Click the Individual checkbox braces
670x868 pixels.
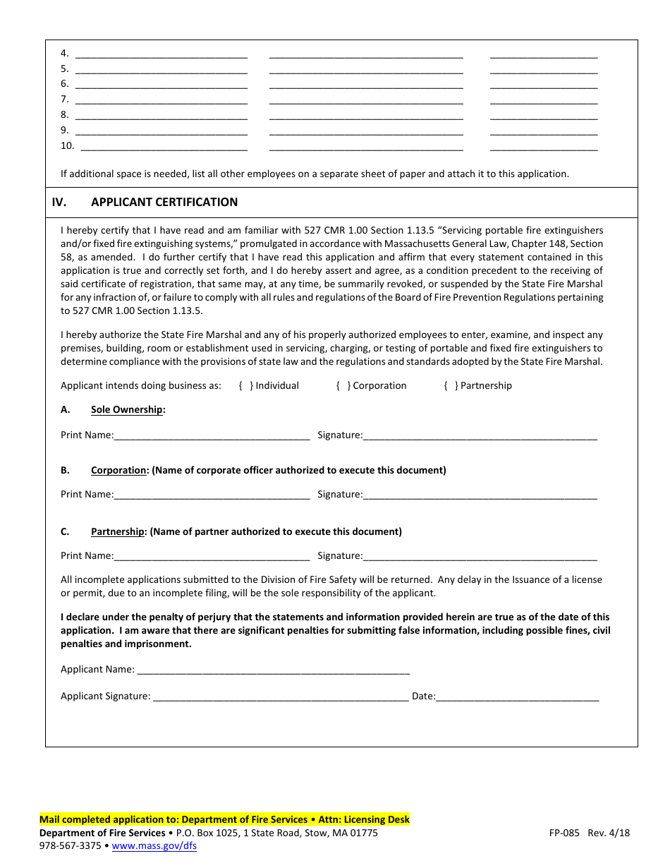[x=246, y=385]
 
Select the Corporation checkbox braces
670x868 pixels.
[x=343, y=385]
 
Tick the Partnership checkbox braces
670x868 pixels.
[x=451, y=385]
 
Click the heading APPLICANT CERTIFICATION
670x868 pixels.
[x=164, y=202]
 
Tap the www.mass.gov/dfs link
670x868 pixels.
[x=164, y=845]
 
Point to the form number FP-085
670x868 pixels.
[x=564, y=833]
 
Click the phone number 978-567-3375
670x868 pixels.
[x=70, y=845]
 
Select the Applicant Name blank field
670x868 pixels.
[x=273, y=670]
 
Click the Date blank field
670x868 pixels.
[x=518, y=697]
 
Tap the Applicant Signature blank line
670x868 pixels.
[x=280, y=697]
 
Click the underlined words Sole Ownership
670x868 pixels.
[x=127, y=409]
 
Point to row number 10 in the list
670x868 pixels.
[x=67, y=145]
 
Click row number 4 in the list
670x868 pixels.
[x=64, y=53]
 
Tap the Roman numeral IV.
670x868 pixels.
[x=59, y=202]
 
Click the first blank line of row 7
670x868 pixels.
[x=161, y=100]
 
